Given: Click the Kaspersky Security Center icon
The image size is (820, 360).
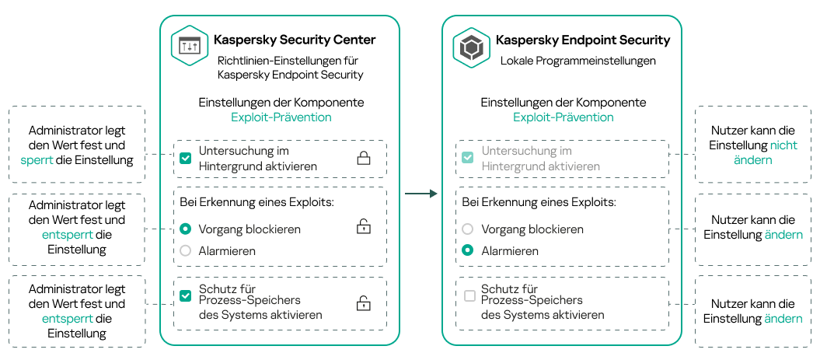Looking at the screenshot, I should [x=190, y=47].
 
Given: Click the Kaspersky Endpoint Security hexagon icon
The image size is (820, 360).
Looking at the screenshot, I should [x=472, y=47].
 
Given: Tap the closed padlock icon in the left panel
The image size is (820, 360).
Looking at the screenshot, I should [x=363, y=159].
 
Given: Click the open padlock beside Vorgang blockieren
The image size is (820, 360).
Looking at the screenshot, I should [x=363, y=227].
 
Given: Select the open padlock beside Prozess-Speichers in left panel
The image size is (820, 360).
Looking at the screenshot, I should [x=363, y=303].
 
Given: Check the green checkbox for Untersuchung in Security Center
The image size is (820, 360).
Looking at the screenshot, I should [x=185, y=158].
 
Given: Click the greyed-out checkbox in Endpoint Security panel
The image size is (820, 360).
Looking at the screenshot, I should [x=467, y=158].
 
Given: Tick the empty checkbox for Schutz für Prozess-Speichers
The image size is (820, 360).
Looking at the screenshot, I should [x=469, y=295].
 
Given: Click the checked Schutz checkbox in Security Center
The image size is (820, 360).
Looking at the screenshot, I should [x=185, y=295].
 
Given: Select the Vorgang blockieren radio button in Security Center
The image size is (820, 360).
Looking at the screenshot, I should [x=185, y=229].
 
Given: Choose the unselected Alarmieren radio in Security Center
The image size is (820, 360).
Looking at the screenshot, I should [x=185, y=250].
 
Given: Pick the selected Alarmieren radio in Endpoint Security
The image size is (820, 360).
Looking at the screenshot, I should [x=467, y=250].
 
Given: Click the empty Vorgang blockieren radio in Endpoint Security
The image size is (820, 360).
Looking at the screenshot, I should [x=467, y=229].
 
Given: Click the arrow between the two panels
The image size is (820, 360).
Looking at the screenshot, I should [x=421, y=194].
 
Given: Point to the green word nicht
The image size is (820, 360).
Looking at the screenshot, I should [x=783, y=145].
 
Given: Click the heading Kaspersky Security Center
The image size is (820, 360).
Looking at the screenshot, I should [x=295, y=40].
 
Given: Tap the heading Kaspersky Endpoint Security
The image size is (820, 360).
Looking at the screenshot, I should [x=583, y=40].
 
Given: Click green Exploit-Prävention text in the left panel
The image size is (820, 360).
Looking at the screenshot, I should [x=281, y=117].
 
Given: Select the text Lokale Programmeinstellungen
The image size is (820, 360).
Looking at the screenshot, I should [x=577, y=61].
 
